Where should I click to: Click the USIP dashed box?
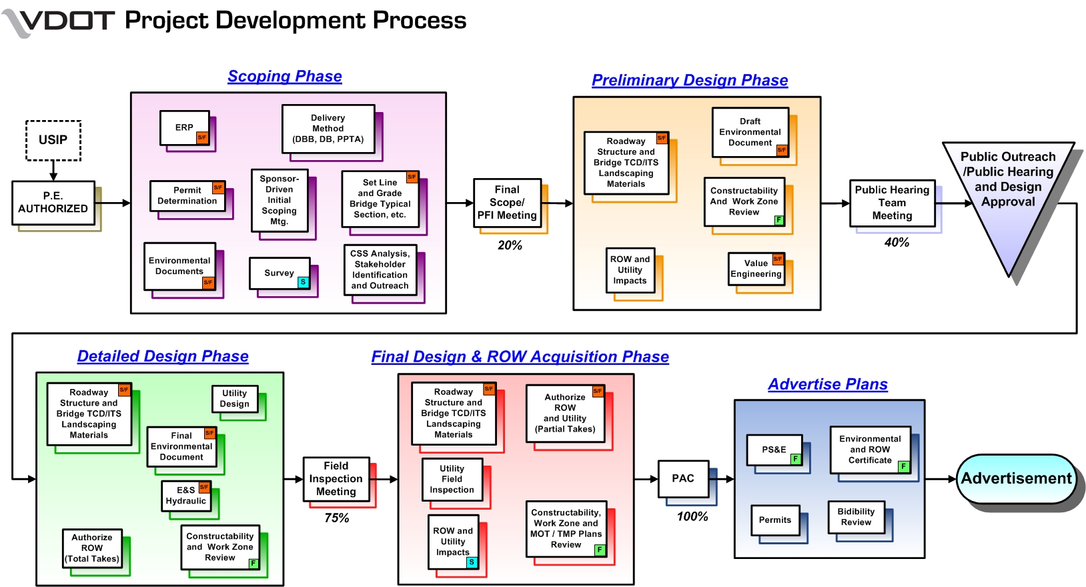click(53, 140)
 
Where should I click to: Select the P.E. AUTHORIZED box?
click(53, 202)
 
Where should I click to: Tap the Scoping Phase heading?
click(285, 77)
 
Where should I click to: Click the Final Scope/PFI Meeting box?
click(507, 203)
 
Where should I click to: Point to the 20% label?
click(510, 245)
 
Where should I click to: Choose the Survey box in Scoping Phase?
click(280, 273)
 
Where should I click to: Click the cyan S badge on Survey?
click(303, 282)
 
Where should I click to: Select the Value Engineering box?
click(756, 269)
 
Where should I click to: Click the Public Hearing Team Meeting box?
click(892, 203)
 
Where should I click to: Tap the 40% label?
click(897, 243)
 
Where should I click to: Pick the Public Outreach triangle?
click(1008, 193)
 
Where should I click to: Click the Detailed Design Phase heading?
click(163, 357)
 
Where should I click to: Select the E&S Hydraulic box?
click(186, 496)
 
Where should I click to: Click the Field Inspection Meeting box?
click(336, 479)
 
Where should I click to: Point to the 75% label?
click(336, 518)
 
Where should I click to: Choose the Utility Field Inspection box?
click(452, 479)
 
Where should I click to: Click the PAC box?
click(683, 478)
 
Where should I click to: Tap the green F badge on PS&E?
click(795, 459)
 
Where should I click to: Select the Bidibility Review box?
click(856, 517)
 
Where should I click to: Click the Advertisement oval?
click(1015, 479)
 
